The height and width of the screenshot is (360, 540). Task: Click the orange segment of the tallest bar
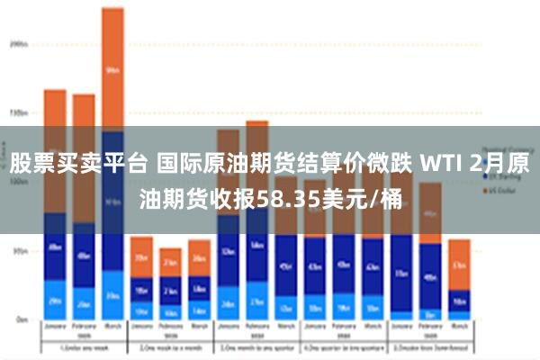coord(112,67)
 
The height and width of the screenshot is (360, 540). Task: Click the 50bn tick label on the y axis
coord(20,251)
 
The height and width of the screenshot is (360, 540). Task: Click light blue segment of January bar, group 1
coord(55,300)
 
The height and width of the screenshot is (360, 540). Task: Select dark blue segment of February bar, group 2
coord(170,290)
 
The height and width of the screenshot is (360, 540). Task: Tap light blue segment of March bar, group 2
coord(199,310)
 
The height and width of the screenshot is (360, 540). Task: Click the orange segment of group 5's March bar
coord(459,265)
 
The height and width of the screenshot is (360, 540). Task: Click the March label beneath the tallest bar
coord(112,329)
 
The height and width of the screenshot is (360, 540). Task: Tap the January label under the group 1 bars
coord(55,329)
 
